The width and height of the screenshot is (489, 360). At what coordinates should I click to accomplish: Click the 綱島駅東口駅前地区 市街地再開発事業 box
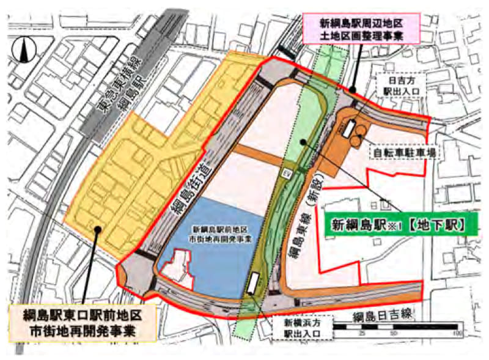(x=83, y=323)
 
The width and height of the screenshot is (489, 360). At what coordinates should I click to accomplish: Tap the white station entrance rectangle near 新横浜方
(x=253, y=283)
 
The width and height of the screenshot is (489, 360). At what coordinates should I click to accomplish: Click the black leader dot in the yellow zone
(x=97, y=230)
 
